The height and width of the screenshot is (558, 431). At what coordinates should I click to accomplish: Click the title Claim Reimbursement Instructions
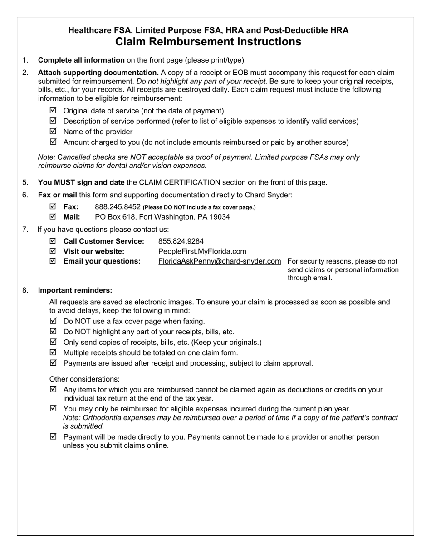point(208,42)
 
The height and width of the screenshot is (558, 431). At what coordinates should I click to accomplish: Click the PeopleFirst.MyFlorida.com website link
point(202,251)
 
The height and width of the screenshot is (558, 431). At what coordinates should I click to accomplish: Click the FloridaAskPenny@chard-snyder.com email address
point(220,261)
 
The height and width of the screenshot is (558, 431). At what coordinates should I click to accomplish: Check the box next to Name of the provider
point(53,132)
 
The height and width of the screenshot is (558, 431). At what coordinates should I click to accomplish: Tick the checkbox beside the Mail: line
point(53,217)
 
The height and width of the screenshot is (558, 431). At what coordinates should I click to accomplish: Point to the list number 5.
point(25,182)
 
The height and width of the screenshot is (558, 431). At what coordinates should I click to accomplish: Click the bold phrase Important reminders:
point(75,290)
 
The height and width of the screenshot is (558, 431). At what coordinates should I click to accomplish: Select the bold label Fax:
point(71,207)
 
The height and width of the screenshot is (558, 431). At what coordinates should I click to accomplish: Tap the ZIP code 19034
point(220,217)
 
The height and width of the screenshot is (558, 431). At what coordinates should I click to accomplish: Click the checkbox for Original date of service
point(53,111)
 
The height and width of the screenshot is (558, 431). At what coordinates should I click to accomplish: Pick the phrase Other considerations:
point(84,379)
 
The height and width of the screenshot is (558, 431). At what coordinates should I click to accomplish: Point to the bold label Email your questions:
point(102,261)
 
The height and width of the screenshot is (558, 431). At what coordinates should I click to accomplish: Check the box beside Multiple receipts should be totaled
point(53,352)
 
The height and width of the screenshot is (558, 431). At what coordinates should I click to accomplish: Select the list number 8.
point(25,290)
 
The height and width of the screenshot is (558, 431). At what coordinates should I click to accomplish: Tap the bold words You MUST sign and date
point(81,182)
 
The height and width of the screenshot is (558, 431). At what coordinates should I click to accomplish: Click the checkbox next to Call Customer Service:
point(53,241)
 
